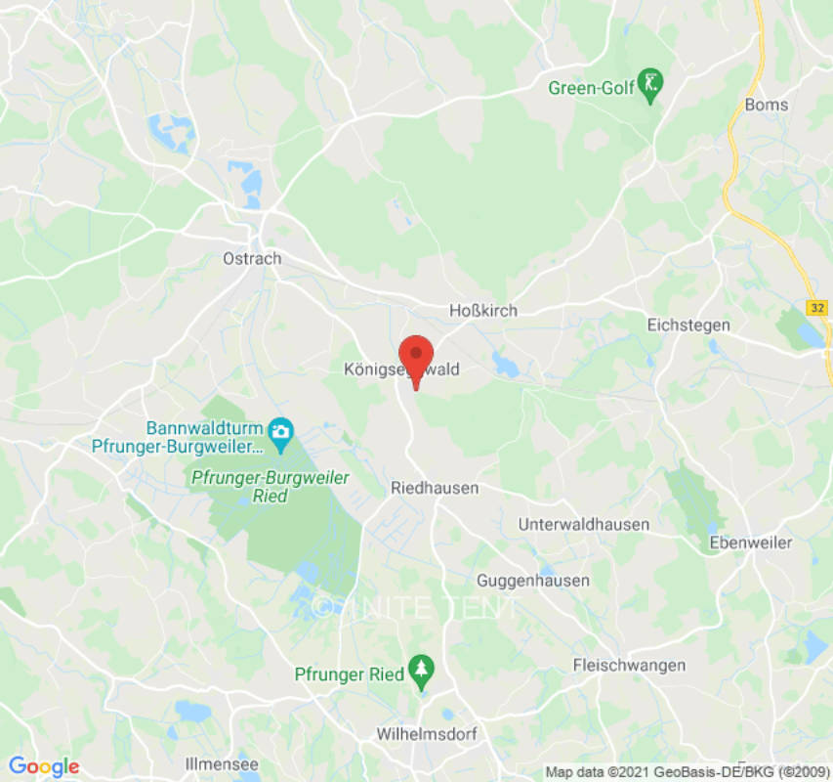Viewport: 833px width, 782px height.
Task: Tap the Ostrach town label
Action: point(252,259)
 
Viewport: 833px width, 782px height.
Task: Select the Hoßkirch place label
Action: point(482,310)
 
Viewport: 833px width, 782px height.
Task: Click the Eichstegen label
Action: point(687,324)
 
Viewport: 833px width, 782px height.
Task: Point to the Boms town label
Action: point(766,105)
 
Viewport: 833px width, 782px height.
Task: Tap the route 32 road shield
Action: point(817,307)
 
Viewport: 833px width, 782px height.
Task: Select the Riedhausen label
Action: point(435,487)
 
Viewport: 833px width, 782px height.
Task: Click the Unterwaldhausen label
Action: point(583,524)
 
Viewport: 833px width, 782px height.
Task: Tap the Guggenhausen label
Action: point(533,581)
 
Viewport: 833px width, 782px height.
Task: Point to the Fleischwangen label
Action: point(629,666)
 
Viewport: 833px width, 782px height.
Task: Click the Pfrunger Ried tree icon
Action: point(421,670)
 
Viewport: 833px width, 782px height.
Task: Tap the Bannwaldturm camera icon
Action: point(281,432)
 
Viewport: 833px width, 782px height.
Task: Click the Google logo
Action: point(43,767)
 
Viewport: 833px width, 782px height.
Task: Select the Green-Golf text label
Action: point(591,88)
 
